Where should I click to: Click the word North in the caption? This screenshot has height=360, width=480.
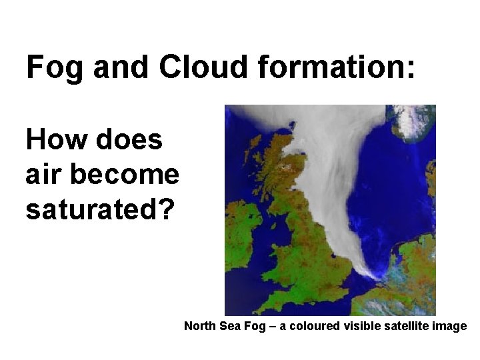point(199,326)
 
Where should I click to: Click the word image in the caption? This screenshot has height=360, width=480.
point(451,326)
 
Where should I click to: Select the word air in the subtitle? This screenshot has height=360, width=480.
point(43,175)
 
